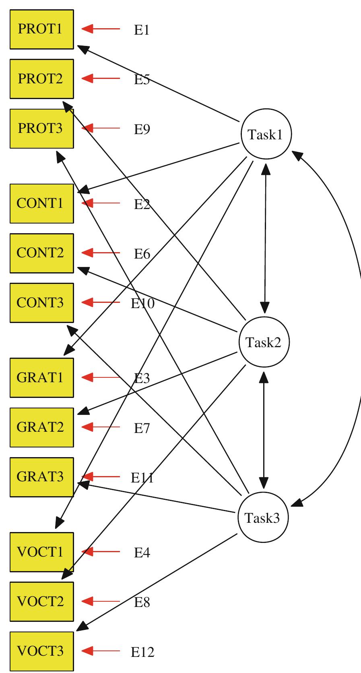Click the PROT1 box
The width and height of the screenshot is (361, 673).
(x=41, y=29)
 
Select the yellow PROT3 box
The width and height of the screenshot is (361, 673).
(x=41, y=128)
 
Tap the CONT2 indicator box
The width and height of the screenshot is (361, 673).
(x=41, y=253)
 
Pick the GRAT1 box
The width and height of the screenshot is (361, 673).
(x=41, y=377)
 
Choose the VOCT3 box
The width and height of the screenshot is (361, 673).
(x=41, y=651)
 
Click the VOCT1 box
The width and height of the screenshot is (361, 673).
(x=41, y=552)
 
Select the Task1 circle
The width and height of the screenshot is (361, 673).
(x=266, y=134)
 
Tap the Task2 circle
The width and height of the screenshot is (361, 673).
(x=264, y=342)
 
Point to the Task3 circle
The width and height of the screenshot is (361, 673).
(x=263, y=518)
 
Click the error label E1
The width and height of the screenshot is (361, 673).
(x=142, y=30)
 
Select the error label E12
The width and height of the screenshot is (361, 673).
(x=142, y=652)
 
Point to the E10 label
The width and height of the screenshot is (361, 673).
(x=142, y=303)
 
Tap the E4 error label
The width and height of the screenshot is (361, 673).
(x=142, y=553)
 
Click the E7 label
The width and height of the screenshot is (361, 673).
(x=142, y=428)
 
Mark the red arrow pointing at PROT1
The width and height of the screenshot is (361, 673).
(x=101, y=29)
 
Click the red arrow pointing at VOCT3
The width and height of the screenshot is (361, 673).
(x=101, y=651)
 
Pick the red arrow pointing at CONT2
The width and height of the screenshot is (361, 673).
(x=101, y=253)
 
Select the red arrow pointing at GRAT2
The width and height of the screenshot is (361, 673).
(x=101, y=427)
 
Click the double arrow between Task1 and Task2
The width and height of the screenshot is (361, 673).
(x=265, y=238)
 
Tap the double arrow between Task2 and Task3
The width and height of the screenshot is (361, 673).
(x=264, y=430)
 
